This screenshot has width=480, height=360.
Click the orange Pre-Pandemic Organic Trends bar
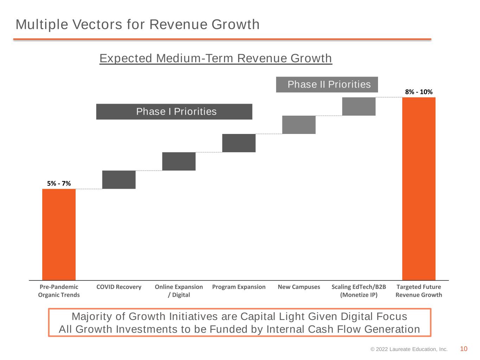click(x=59, y=234)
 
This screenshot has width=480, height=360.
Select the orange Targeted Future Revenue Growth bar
click(x=419, y=189)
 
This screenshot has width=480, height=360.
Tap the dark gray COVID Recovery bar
click(x=119, y=180)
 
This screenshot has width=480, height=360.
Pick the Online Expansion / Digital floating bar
click(x=179, y=161)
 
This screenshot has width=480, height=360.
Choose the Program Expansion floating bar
click(x=239, y=143)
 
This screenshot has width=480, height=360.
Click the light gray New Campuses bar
click(x=299, y=124)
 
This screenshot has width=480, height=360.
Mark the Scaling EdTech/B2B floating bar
click(x=359, y=107)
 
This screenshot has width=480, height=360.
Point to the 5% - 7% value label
click(x=59, y=184)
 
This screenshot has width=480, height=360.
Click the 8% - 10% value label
click(x=419, y=92)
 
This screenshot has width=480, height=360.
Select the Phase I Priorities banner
click(x=174, y=112)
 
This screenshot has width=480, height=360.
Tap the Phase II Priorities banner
click(x=327, y=85)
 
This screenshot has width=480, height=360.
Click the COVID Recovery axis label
click(x=119, y=287)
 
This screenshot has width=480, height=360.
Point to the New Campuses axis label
click(x=299, y=287)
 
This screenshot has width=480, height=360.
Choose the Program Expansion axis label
click(x=239, y=287)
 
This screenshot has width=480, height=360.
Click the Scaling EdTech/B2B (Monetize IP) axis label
click(x=359, y=291)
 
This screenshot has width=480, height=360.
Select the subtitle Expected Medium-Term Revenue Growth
click(x=216, y=58)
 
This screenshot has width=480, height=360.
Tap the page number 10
click(x=463, y=349)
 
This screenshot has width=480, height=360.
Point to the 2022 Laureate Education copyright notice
click(x=409, y=349)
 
